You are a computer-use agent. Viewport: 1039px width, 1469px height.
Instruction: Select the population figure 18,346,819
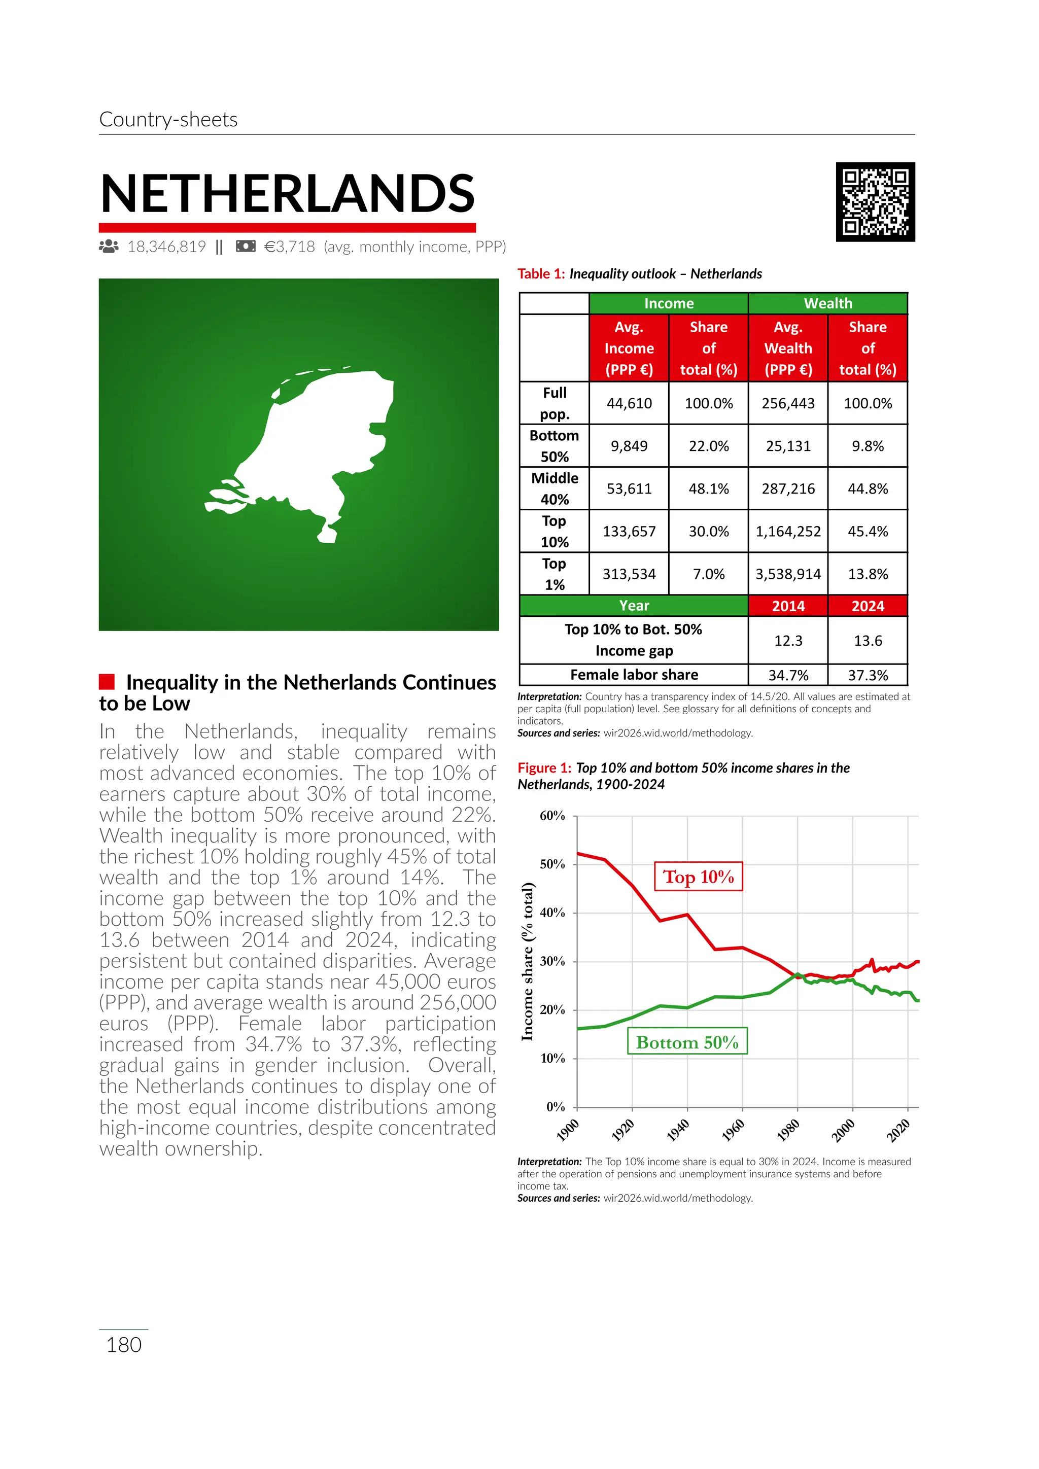[x=166, y=247]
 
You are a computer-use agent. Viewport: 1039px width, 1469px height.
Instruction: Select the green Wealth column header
[x=828, y=303]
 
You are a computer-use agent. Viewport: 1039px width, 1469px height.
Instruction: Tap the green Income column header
[x=669, y=303]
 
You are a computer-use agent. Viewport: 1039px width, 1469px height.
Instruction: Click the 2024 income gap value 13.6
[x=868, y=641]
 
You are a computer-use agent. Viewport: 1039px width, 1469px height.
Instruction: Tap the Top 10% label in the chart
[x=698, y=877]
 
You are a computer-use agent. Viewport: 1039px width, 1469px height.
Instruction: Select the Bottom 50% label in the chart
[x=687, y=1042]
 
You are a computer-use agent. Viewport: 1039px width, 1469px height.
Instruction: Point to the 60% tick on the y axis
[x=553, y=816]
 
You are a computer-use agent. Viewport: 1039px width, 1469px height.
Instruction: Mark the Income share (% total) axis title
[x=527, y=961]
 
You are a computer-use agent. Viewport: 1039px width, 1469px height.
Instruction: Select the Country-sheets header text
[x=168, y=120]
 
